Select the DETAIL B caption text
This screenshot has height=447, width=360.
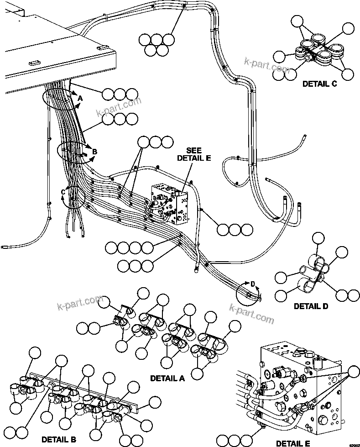[58, 439]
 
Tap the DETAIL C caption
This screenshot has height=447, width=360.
[319, 84]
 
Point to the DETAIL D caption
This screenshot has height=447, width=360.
[311, 306]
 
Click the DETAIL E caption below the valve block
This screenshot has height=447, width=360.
[293, 443]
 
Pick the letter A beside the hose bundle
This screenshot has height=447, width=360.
[80, 98]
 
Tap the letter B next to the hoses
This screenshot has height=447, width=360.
[94, 152]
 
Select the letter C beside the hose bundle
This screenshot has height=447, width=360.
[63, 192]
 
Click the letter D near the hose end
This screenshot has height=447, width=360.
[253, 284]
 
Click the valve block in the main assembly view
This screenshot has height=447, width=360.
[171, 204]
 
